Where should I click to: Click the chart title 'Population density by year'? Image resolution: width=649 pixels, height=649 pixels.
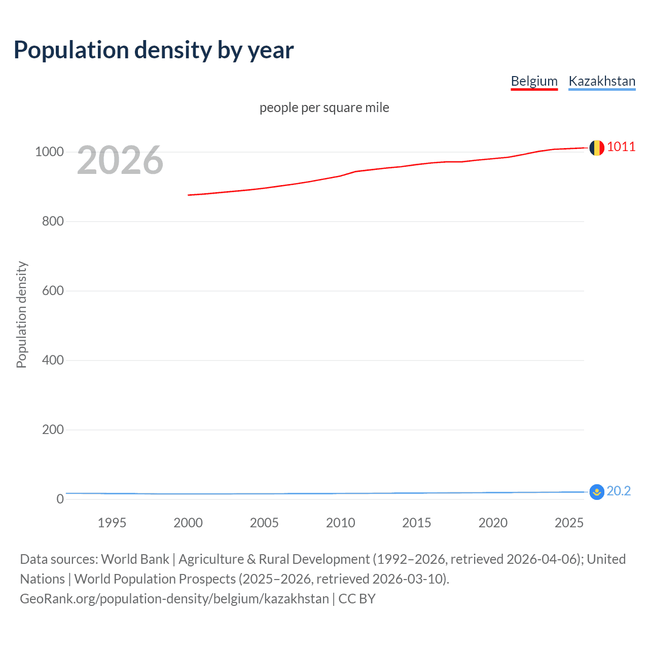click(154, 50)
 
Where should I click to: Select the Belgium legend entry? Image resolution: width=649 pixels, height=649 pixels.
click(534, 81)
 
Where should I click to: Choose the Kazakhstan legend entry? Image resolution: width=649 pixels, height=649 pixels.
click(602, 81)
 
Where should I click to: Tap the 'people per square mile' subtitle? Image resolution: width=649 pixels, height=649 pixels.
click(324, 107)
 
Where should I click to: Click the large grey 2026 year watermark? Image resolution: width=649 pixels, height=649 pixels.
click(120, 160)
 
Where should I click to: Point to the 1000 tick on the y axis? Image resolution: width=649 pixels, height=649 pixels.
click(49, 152)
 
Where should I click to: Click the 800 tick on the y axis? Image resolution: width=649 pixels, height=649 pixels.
click(53, 222)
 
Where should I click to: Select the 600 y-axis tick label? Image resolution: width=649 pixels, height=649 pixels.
click(53, 291)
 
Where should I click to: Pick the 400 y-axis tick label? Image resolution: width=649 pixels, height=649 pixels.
click(53, 360)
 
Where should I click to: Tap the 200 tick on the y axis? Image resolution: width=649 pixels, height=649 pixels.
click(53, 430)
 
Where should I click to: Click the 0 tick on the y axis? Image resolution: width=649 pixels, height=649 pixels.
click(60, 499)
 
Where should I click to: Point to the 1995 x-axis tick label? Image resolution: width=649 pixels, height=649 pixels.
click(112, 523)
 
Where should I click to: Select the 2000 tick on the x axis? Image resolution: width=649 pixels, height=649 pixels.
click(188, 523)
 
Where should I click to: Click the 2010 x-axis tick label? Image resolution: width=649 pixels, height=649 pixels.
click(340, 523)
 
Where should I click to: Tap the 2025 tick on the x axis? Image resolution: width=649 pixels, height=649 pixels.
click(569, 523)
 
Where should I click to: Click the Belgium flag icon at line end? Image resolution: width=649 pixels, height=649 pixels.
click(597, 148)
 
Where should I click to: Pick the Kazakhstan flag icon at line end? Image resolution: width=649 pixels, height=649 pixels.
click(597, 492)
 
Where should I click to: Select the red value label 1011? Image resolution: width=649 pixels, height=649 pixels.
click(621, 147)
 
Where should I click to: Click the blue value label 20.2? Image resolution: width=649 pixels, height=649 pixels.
click(619, 491)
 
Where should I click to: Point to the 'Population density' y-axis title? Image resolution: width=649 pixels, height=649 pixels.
click(21, 314)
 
